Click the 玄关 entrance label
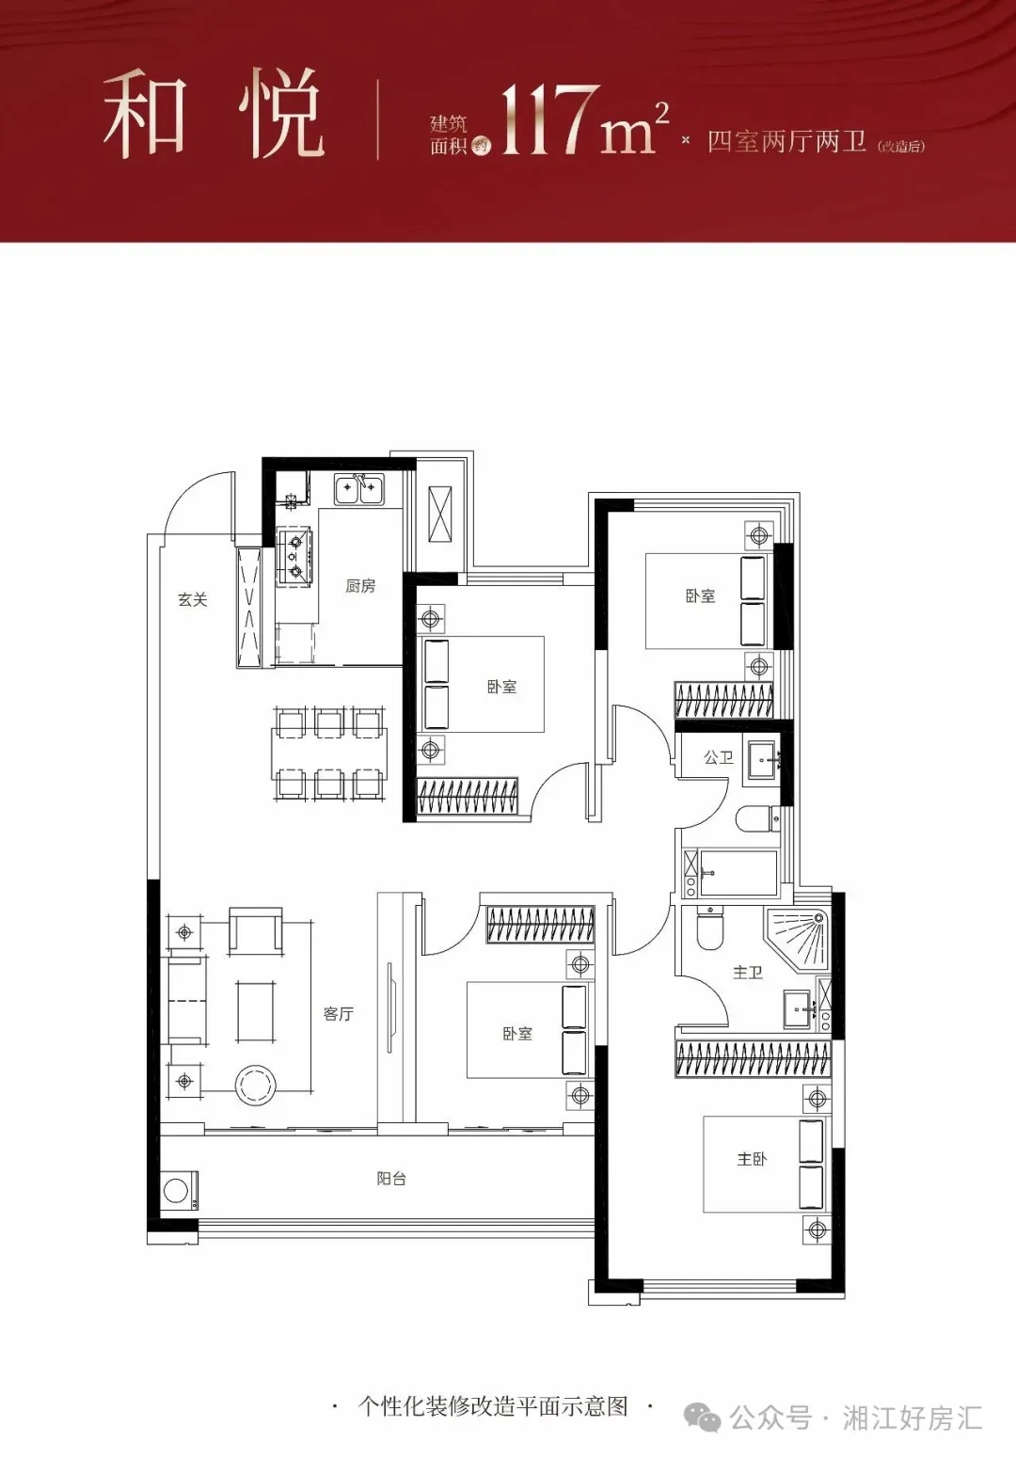193,599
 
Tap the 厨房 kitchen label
360,585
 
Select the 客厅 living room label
338,1013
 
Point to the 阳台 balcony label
391,1178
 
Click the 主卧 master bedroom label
752,1159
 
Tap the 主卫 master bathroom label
748,973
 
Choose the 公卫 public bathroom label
719,757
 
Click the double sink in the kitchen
359,489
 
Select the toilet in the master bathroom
708,928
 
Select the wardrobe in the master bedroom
754,1058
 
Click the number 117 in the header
548,121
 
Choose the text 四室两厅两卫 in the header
786,141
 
